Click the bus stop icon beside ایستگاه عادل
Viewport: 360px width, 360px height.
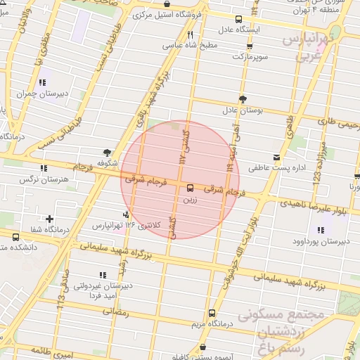pos(239,19)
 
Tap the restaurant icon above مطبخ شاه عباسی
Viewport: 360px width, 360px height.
pos(190,34)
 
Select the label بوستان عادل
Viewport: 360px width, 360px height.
pos(242,110)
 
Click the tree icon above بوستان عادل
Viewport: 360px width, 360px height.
pos(243,99)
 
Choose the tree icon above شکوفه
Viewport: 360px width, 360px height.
pos(106,152)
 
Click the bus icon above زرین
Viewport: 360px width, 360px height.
pos(190,188)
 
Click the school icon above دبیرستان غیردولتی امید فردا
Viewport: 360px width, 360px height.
pos(103,275)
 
